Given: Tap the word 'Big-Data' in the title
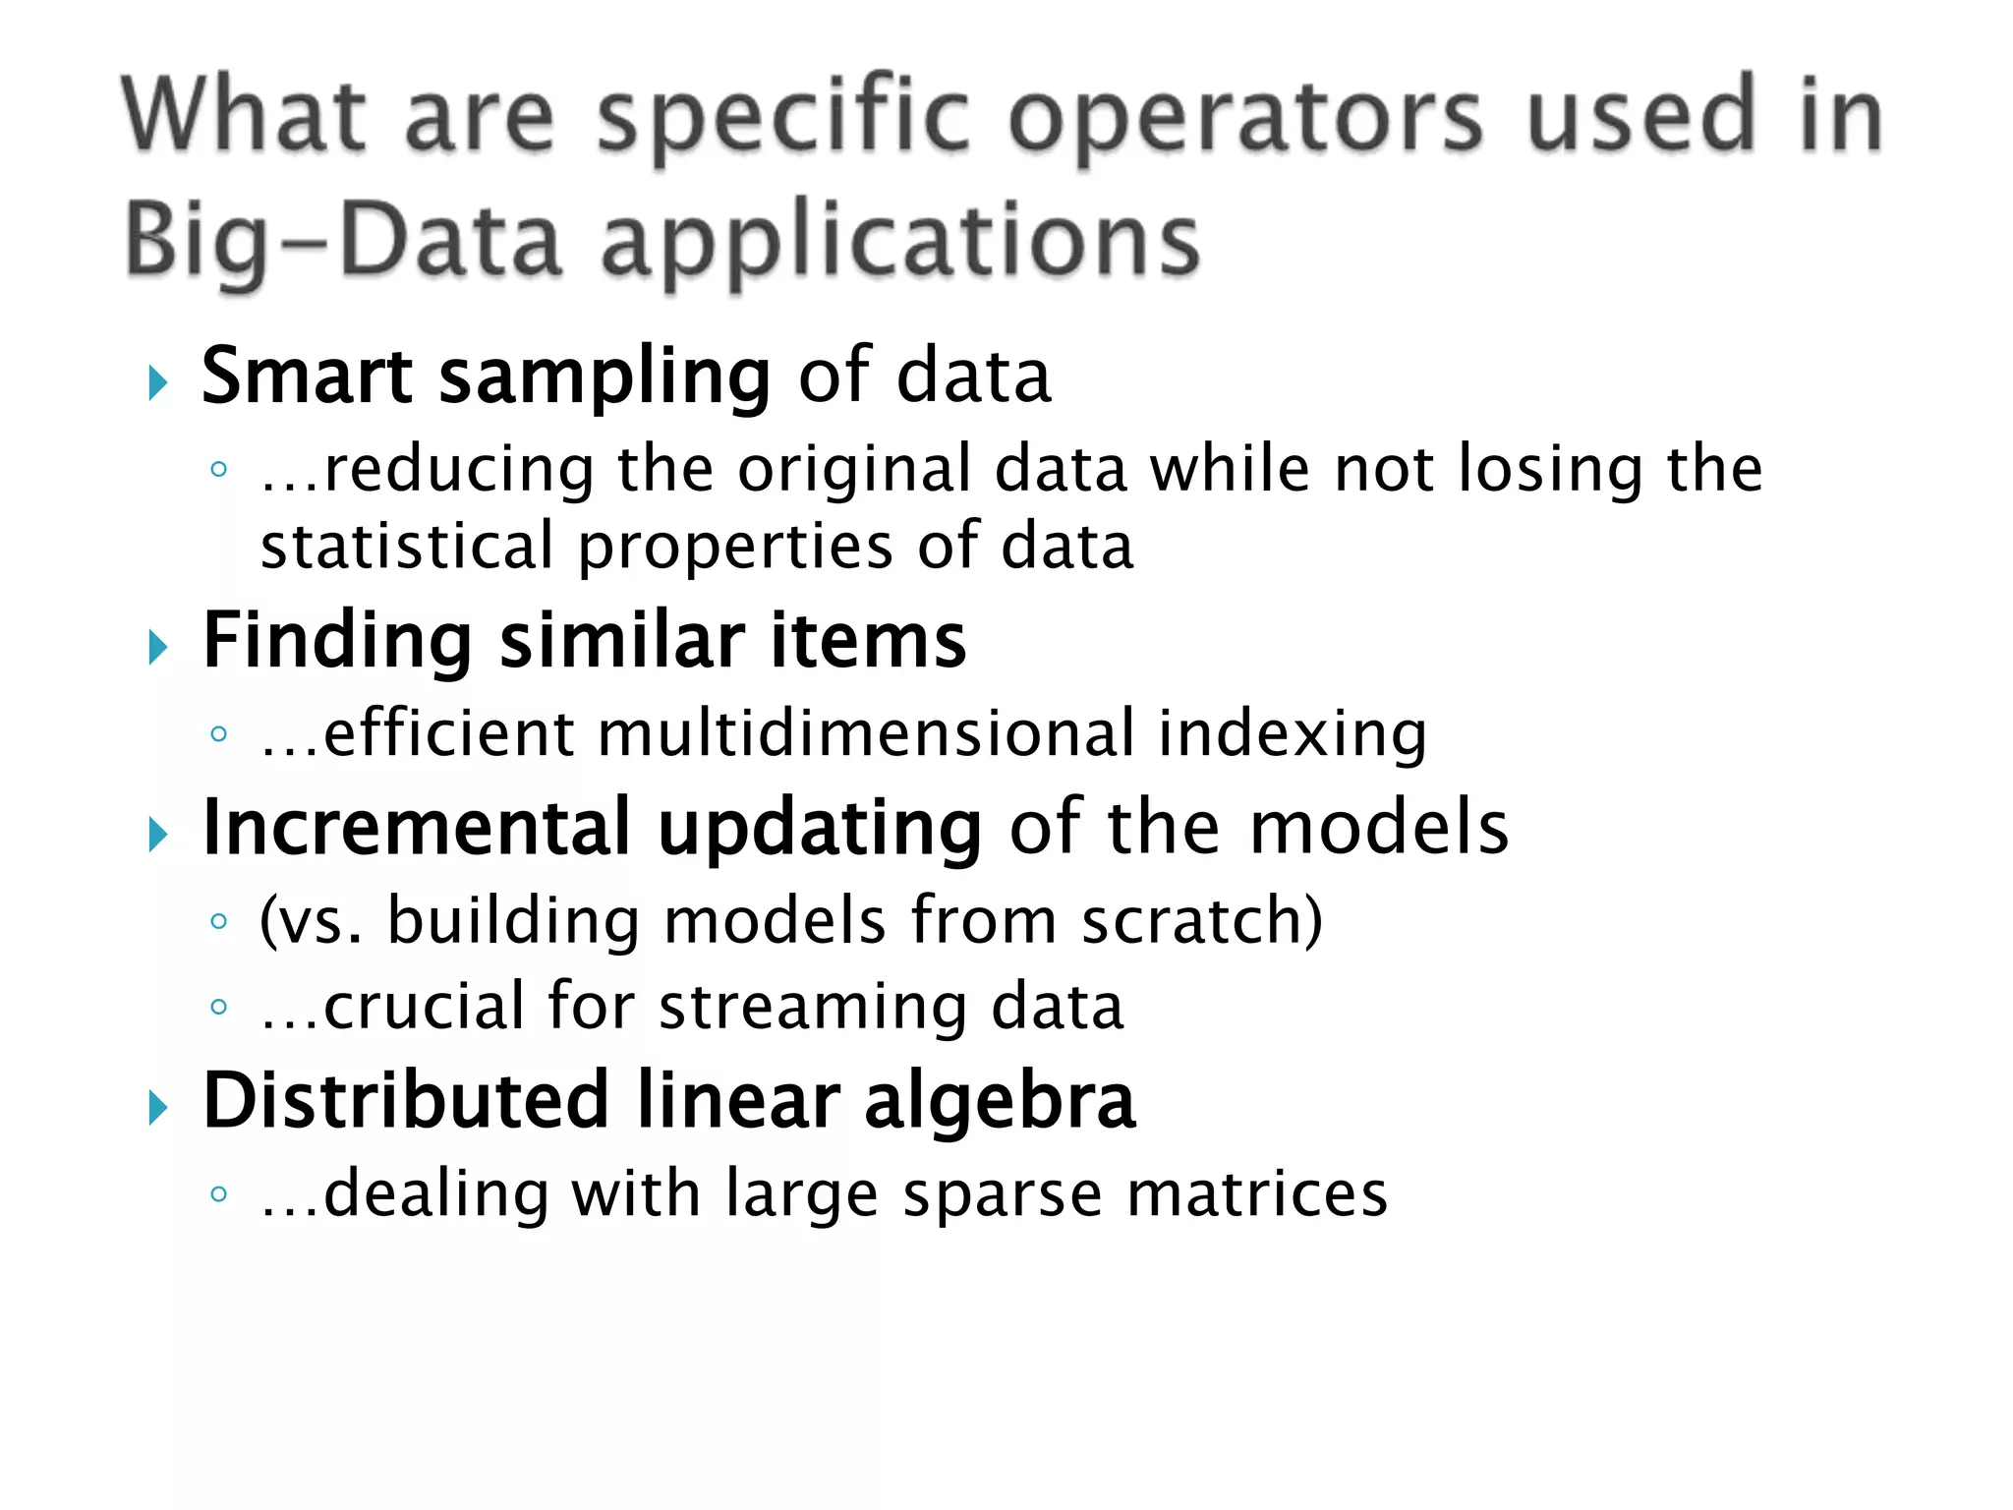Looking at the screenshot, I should pyautogui.click(x=343, y=242).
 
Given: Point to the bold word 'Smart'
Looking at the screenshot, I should pyautogui.click(x=306, y=376).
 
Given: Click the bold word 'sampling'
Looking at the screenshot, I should pyautogui.click(x=604, y=379).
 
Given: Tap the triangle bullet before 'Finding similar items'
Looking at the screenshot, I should pyautogui.click(x=158, y=647).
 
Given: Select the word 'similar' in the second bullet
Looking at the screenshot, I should pyautogui.click(x=620, y=641).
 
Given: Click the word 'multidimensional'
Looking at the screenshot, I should pyautogui.click(x=865, y=733).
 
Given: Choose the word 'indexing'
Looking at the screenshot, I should pyautogui.click(x=1292, y=735).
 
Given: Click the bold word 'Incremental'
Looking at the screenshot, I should pyautogui.click(x=416, y=828).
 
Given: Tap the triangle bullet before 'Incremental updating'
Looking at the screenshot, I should pyautogui.click(x=158, y=836).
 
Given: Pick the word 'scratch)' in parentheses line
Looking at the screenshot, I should pyautogui.click(x=1202, y=921).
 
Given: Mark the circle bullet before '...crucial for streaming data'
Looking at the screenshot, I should pyautogui.click(x=219, y=1007).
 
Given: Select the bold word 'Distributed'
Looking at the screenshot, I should pyautogui.click(x=405, y=1100).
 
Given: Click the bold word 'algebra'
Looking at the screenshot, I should pyautogui.click(x=1000, y=1102).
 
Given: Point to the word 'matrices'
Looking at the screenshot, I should pyautogui.click(x=1257, y=1194).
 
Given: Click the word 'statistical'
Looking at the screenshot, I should pyautogui.click(x=407, y=547).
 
